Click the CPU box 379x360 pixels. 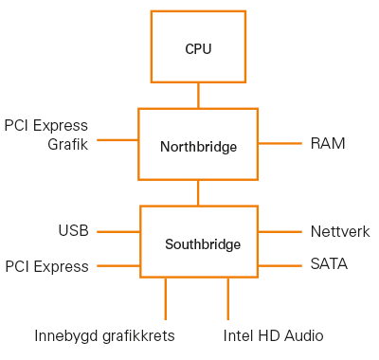coord(198,47)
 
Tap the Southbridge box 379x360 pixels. coord(199,243)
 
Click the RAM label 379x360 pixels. coord(328,144)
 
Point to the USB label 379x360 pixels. coord(73,231)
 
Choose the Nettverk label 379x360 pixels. coord(340,231)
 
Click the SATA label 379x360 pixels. coord(329,264)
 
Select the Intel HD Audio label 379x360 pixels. coord(274,335)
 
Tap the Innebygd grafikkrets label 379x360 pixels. coord(104,335)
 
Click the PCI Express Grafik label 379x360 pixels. coord(46,135)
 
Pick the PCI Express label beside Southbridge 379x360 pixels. coord(46,266)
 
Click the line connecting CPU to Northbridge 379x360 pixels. coord(198,95)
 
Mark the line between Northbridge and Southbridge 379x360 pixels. coord(198,192)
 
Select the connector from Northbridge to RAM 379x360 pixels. coord(280,144)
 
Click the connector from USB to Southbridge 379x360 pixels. coord(118,231)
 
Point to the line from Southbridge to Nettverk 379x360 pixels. coord(280,231)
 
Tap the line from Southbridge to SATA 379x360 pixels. coord(280,264)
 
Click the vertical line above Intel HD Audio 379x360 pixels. coord(228,298)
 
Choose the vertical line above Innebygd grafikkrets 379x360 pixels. coord(166,298)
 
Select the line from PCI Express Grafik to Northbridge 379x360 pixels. coord(117,139)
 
